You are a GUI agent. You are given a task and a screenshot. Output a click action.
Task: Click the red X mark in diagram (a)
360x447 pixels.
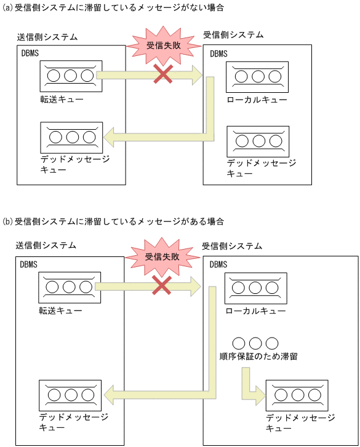162,75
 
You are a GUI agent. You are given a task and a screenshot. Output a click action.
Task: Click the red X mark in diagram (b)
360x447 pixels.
161,284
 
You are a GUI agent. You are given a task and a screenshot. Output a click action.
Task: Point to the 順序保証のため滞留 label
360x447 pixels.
258,356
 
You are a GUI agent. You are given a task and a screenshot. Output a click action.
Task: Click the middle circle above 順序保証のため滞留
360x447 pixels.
255,342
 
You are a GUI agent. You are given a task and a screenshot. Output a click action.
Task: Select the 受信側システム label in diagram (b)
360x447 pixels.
232,245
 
